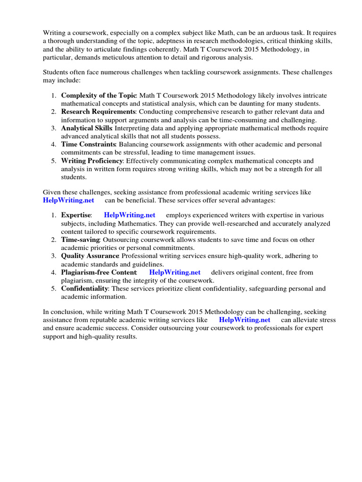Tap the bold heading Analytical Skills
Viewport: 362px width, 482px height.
tap(87, 128)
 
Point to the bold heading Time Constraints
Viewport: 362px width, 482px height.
tap(88, 144)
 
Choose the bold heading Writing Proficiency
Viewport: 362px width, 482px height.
tap(92, 161)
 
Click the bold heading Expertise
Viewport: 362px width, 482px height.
tap(76, 215)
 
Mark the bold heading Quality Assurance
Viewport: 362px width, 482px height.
tap(90, 256)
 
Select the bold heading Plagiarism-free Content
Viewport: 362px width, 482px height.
tap(99, 272)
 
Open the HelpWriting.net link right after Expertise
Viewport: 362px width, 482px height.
tap(130, 215)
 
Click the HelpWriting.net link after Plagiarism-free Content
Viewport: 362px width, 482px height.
tap(175, 272)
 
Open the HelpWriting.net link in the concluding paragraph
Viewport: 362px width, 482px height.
tap(245, 320)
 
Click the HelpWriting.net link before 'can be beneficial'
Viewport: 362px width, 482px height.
tap(68, 200)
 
